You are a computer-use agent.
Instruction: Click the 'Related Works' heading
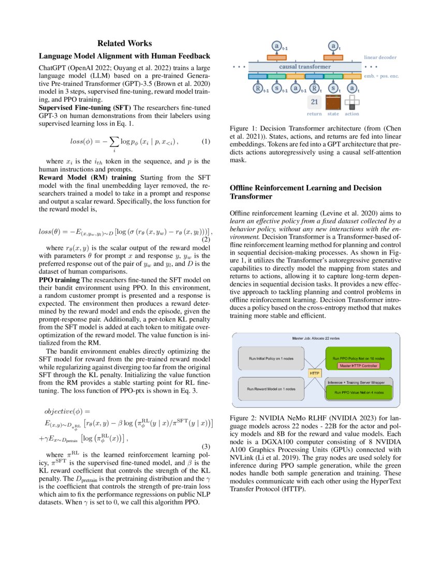click(x=125, y=43)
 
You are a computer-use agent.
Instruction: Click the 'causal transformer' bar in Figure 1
click(x=304, y=67)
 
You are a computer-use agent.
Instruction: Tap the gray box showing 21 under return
click(x=314, y=101)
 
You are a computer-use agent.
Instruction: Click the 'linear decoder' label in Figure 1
click(x=380, y=57)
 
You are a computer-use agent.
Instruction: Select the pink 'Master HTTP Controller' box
click(x=358, y=366)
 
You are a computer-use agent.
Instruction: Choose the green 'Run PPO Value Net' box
click(x=358, y=393)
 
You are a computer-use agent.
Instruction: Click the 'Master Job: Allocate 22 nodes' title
click(x=315, y=338)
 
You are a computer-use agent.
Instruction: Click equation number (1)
click(x=206, y=141)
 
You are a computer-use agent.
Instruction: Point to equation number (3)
click(x=206, y=446)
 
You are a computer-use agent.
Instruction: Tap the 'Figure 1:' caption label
click(x=245, y=127)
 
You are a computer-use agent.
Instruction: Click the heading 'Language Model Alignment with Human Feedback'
click(x=125, y=56)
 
